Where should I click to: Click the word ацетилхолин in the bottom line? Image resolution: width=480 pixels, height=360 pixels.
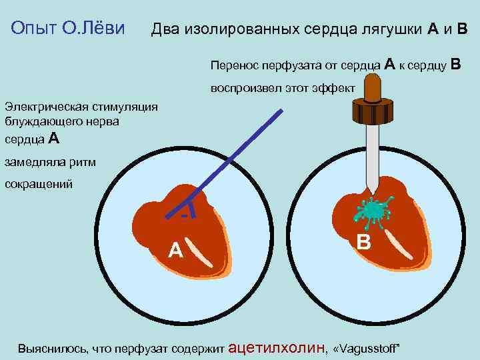tap(277, 347)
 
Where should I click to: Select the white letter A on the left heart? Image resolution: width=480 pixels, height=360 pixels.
tap(175, 250)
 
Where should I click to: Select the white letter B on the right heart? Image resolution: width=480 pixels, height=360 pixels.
tap(364, 241)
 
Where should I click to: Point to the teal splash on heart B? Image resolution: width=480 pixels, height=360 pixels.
tap(373, 211)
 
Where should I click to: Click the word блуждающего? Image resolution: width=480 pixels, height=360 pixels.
tap(47, 121)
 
